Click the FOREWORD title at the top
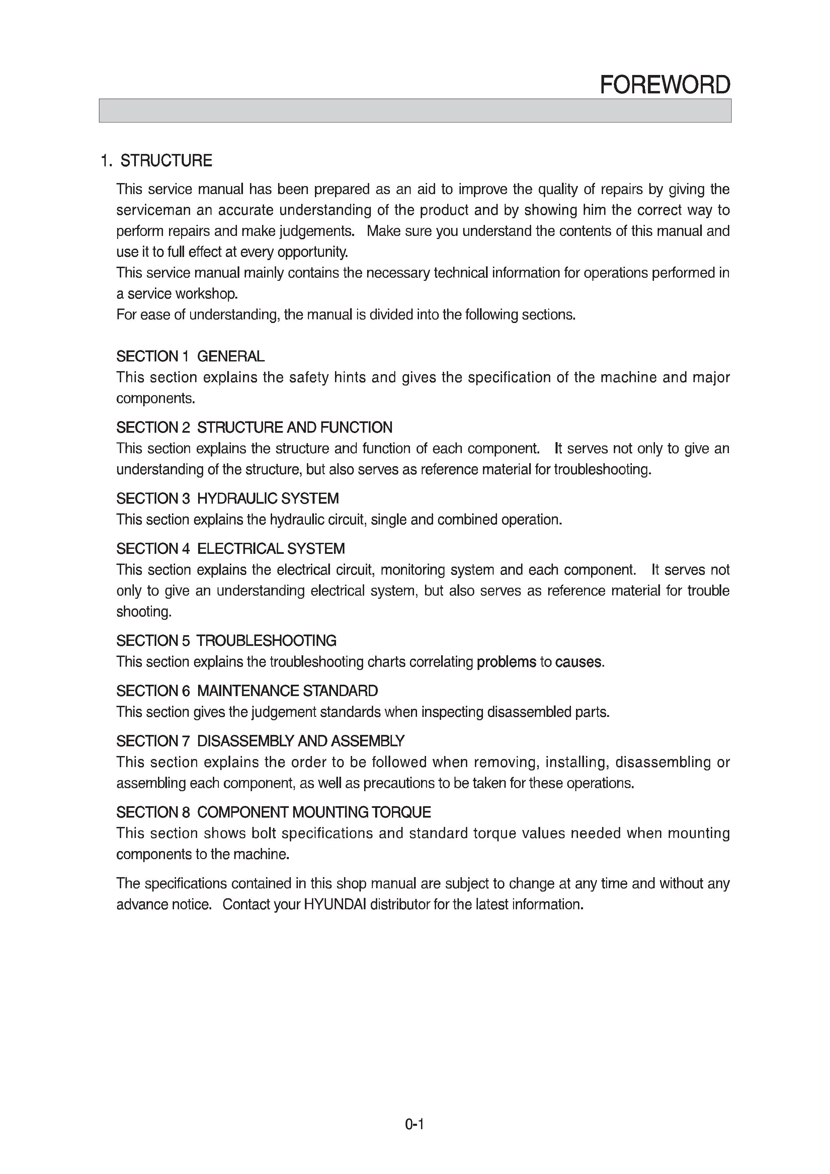664,85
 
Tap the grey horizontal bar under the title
415,110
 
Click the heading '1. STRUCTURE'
156,161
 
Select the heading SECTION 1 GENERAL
190,356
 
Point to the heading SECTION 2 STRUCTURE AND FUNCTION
254,427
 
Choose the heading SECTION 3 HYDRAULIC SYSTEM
228,499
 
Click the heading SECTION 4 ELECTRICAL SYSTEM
231,549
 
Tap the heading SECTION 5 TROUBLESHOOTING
226,641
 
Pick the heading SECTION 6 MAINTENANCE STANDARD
247,691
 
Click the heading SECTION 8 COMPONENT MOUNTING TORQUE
273,812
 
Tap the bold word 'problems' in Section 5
506,662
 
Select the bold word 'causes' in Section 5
578,662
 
